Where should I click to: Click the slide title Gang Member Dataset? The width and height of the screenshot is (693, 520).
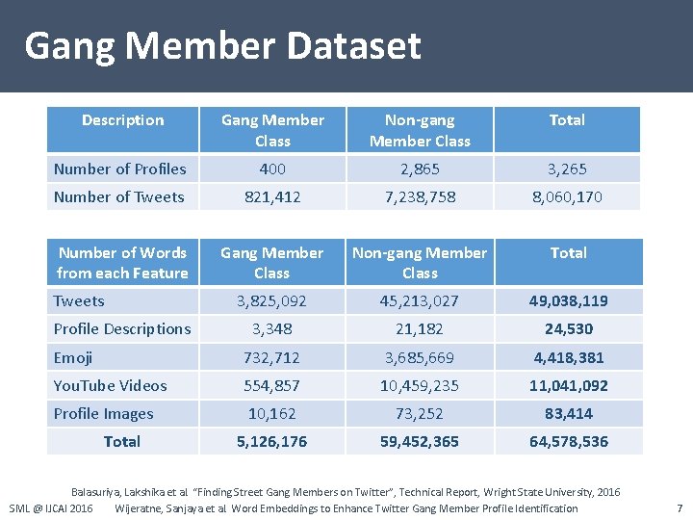tap(222, 45)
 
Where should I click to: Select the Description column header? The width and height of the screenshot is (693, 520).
tap(122, 120)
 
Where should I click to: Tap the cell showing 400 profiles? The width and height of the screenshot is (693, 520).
tap(272, 169)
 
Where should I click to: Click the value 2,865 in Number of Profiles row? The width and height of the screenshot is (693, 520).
tap(420, 169)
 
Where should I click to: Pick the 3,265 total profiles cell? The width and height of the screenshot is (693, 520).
tap(567, 169)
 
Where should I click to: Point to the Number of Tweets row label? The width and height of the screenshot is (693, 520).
tap(118, 196)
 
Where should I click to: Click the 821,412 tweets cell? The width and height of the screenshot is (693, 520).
tap(272, 196)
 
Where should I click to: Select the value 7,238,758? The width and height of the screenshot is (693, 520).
tap(420, 196)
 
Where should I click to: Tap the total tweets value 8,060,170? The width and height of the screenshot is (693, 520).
tap(567, 196)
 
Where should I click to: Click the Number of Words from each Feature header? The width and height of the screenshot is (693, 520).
tap(122, 263)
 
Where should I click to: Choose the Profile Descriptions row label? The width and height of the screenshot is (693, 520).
tap(122, 328)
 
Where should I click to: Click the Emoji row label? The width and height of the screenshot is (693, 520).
tap(73, 357)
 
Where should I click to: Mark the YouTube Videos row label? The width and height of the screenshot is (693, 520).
tap(111, 385)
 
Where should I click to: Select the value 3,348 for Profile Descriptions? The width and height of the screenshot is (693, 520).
tap(272, 328)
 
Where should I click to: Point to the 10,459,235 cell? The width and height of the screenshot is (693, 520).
tap(420, 385)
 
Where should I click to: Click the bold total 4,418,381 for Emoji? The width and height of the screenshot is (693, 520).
tap(568, 357)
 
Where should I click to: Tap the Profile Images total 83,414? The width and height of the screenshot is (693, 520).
tap(568, 413)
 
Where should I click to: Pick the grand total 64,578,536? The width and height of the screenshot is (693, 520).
tap(568, 441)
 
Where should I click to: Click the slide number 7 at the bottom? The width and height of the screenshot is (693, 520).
tap(680, 507)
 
